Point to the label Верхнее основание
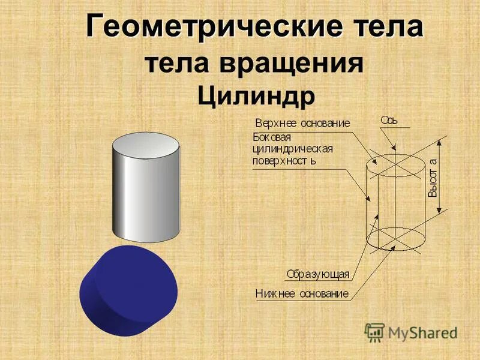tap(302, 124)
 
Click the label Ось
tap(389, 120)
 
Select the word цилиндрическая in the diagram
tap(292, 149)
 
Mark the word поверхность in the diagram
tap(284, 161)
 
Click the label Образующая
tap(317, 274)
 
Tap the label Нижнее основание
tap(302, 293)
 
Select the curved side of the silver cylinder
tap(146, 198)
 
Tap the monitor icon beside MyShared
tap(374, 332)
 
